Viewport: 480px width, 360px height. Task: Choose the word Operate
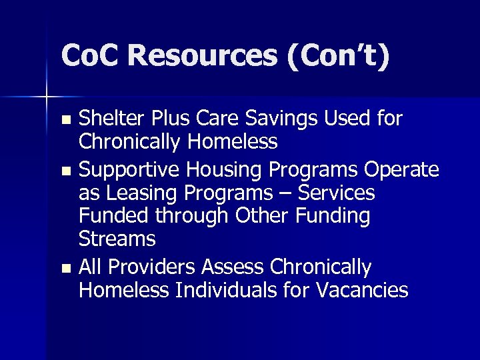[401, 170]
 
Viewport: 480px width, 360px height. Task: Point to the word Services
[337, 194]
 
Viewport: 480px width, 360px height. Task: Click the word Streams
[117, 239]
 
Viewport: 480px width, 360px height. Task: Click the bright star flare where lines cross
[47, 97]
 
